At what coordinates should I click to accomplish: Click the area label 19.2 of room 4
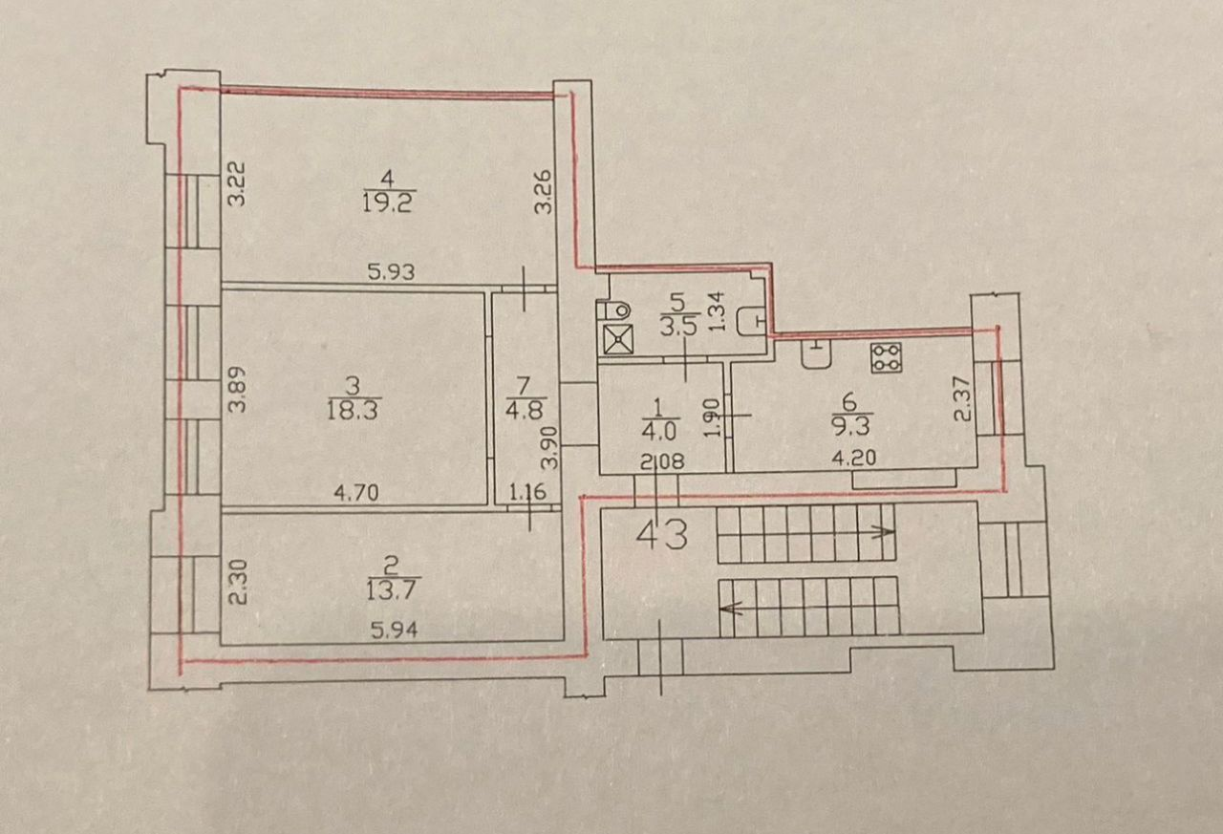pos(389,203)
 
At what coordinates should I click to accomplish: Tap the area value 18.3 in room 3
pos(353,410)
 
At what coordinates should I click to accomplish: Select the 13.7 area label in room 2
pos(393,590)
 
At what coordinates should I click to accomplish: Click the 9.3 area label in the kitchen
pos(850,424)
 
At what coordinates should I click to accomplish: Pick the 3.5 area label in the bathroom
pos(679,327)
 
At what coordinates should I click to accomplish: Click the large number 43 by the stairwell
pos(662,535)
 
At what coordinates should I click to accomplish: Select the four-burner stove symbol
pos(886,358)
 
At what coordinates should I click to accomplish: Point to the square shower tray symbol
pos(618,339)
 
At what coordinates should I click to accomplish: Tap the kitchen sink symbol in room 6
pos(817,353)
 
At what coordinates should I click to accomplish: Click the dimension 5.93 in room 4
pos(391,272)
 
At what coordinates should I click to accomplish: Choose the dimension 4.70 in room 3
pos(356,493)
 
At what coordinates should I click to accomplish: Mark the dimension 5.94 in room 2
pos(395,631)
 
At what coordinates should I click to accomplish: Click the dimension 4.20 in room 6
pos(854,458)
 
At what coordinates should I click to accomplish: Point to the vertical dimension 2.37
pos(962,399)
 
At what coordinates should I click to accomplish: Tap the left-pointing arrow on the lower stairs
pos(734,608)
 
